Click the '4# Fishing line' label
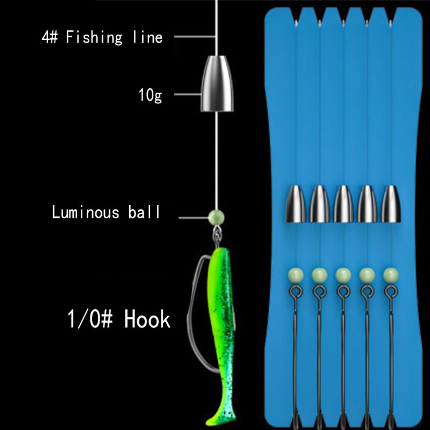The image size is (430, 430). tap(102, 37)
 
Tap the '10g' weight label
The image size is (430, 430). tap(150, 95)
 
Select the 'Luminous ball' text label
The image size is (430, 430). tap(106, 212)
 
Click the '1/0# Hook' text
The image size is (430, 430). tap(119, 320)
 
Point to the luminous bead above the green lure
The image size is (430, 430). tap(216, 217)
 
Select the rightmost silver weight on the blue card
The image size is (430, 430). tap(391, 204)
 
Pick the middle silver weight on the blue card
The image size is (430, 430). tap(343, 204)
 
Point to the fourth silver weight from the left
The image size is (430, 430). tap(367, 204)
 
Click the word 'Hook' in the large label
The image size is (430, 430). tap(147, 320)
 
